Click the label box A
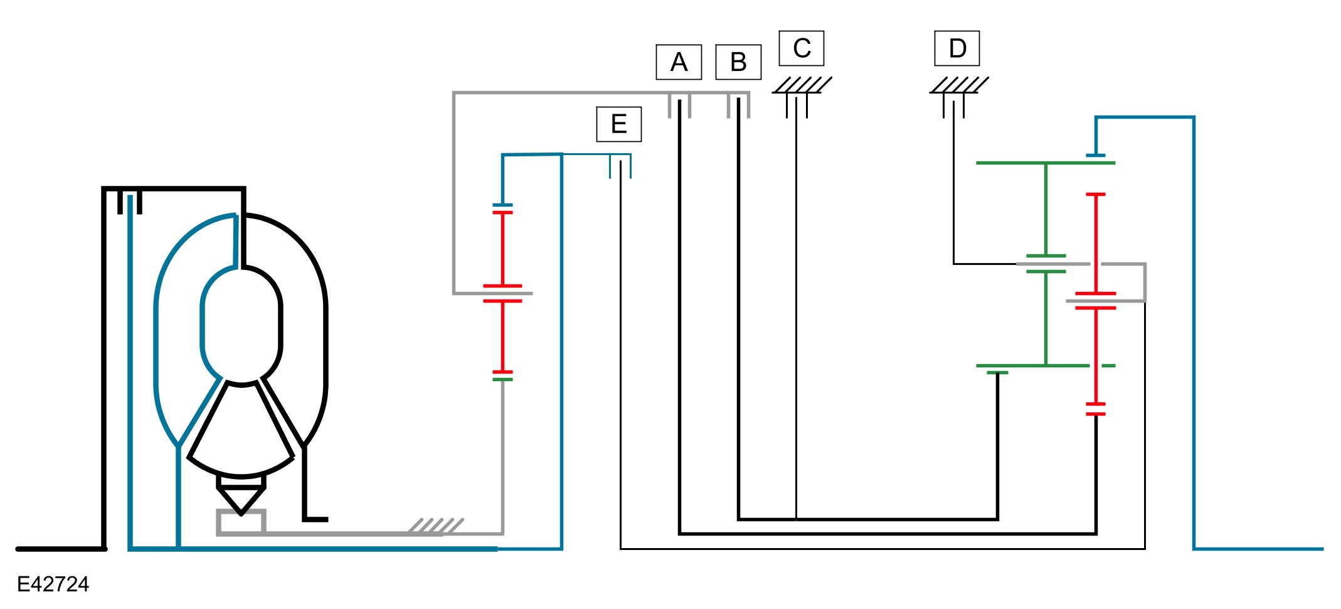coord(679,62)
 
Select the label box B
coord(738,62)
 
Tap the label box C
coord(802,48)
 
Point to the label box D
coord(957,48)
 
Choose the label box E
coord(619,124)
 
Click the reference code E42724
coord(53,585)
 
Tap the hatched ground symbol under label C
coord(802,85)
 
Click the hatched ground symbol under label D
coord(958,85)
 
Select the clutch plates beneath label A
coord(679,106)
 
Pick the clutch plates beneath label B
coord(738,106)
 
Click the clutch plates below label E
coord(620,167)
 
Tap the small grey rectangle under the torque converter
coord(241,522)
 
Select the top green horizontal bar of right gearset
coord(1045,163)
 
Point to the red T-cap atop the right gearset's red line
coord(1095,195)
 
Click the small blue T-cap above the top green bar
coord(1095,155)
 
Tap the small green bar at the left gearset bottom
coord(502,379)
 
